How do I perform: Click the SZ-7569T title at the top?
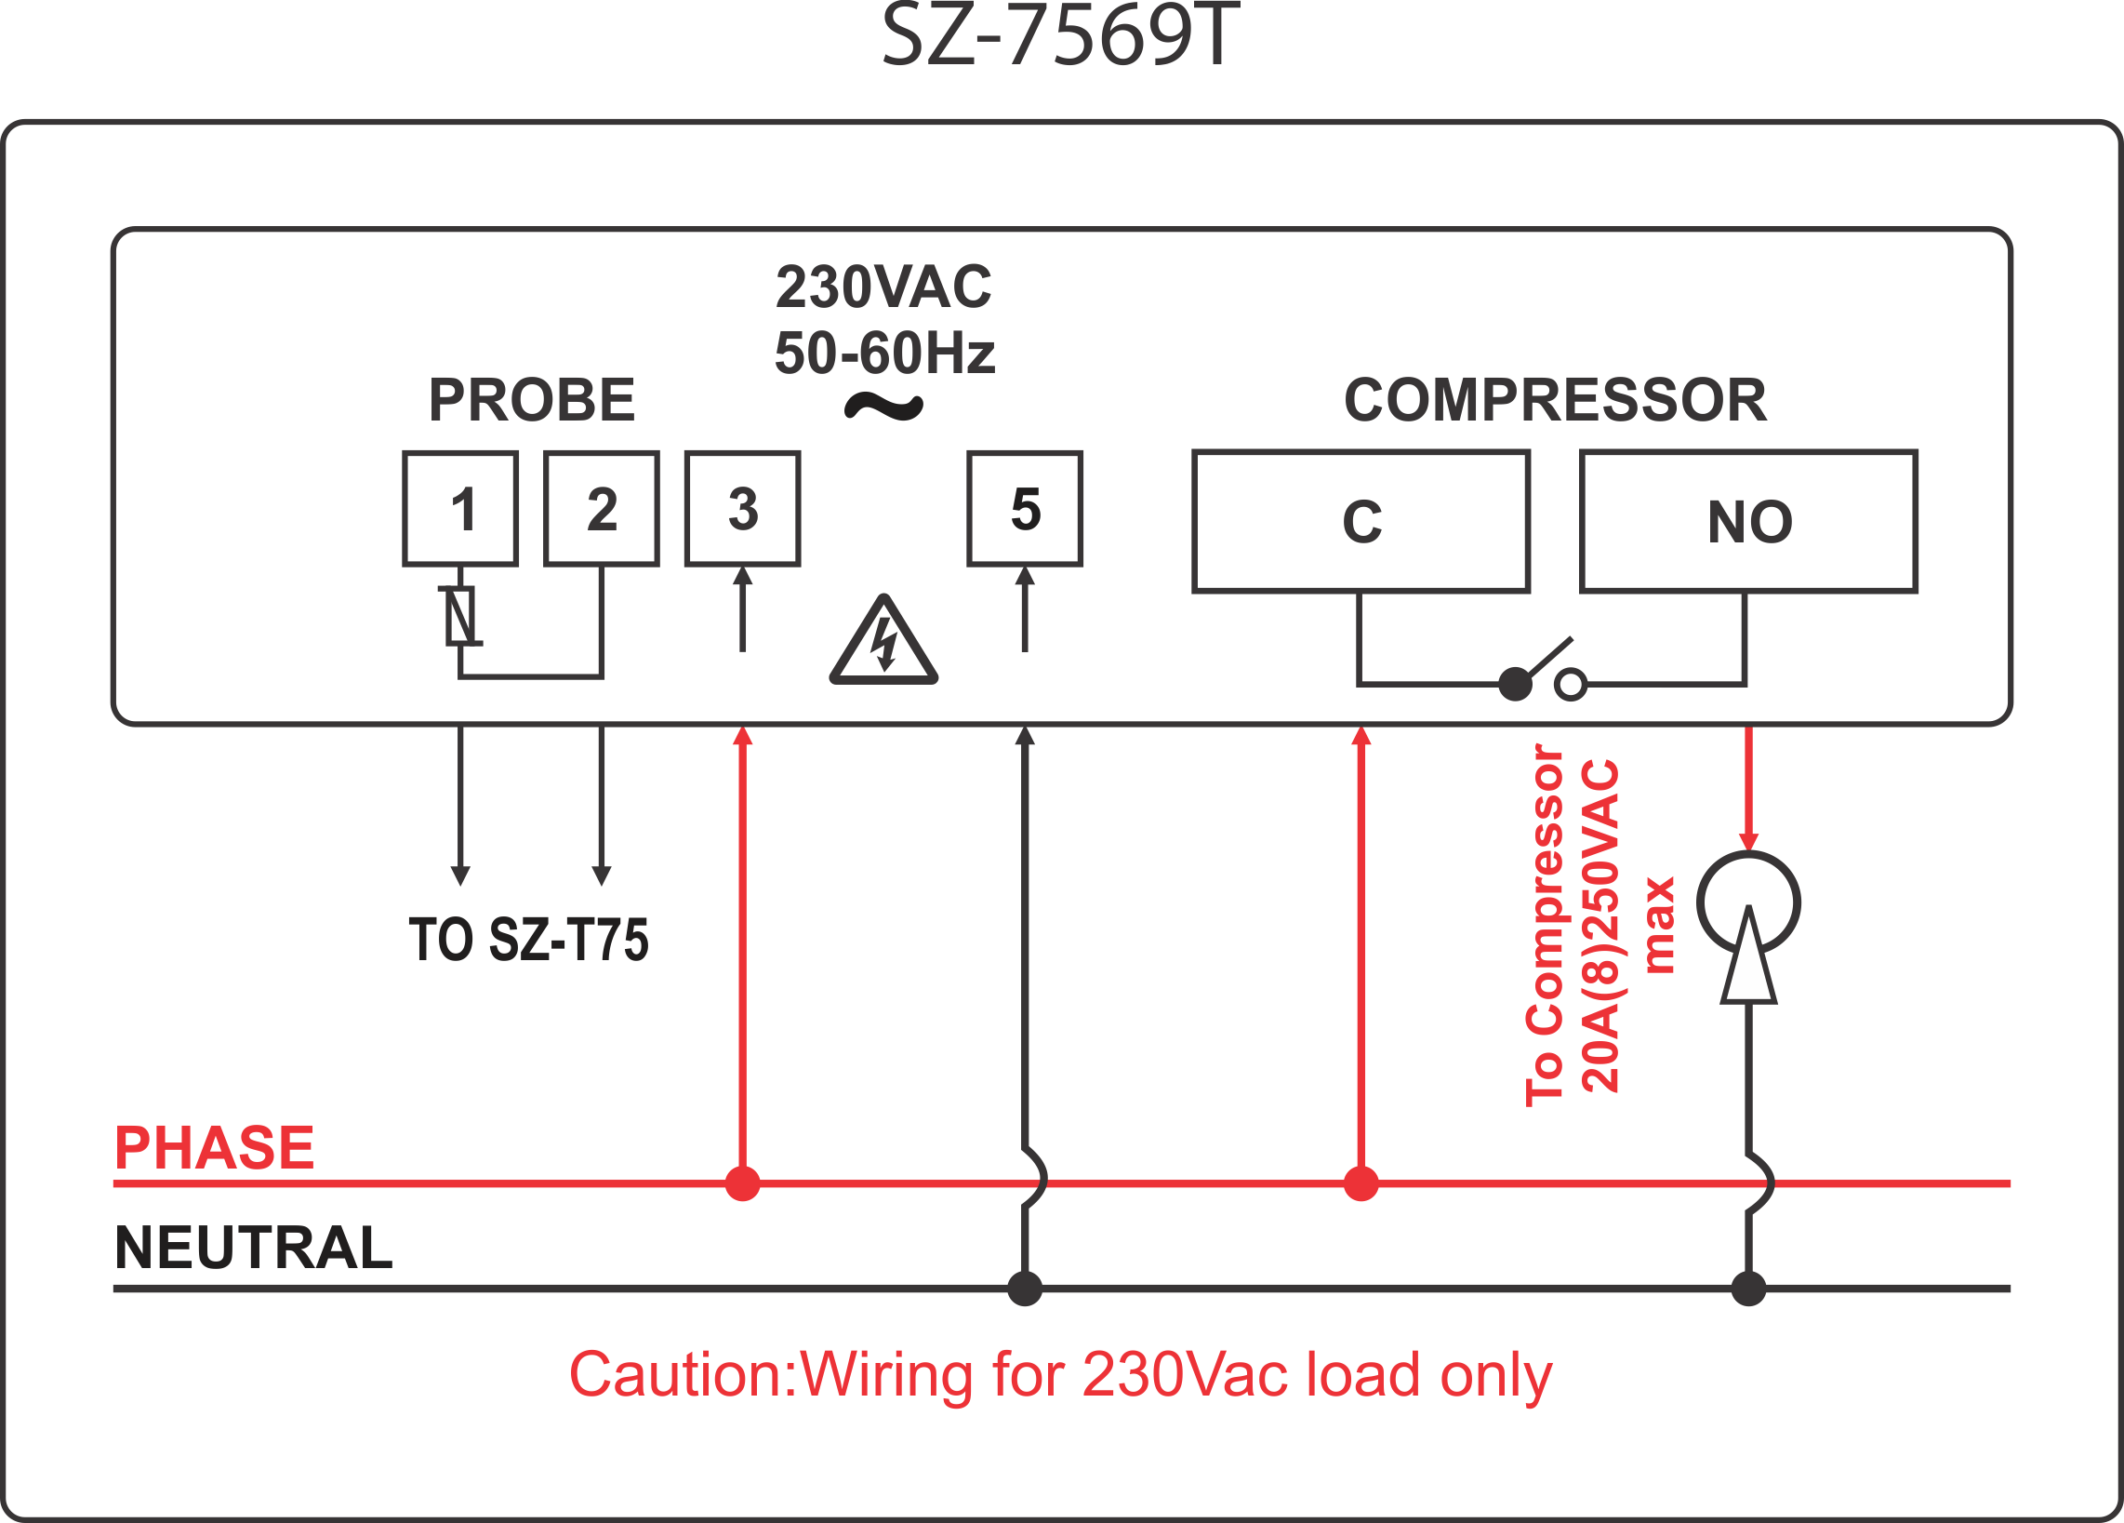(x=1060, y=37)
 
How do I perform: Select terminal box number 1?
(x=460, y=509)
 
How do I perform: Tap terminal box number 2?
(x=602, y=509)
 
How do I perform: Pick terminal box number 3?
(x=743, y=509)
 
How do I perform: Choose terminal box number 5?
(x=1026, y=509)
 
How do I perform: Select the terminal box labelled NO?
(x=1748, y=522)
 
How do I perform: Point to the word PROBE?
(x=532, y=400)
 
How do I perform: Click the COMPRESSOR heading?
(x=1555, y=400)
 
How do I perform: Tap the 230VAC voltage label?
(x=883, y=287)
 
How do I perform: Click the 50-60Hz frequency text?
(x=884, y=354)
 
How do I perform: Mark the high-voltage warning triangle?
(x=883, y=643)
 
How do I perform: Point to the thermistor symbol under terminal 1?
(x=459, y=615)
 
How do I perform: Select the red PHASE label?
(x=215, y=1147)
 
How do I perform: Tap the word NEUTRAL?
(x=253, y=1248)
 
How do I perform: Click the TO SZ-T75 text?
(x=527, y=940)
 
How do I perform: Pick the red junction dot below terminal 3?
(x=743, y=1184)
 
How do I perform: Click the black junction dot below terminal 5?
(x=1026, y=1289)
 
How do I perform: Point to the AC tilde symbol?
(x=883, y=407)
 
